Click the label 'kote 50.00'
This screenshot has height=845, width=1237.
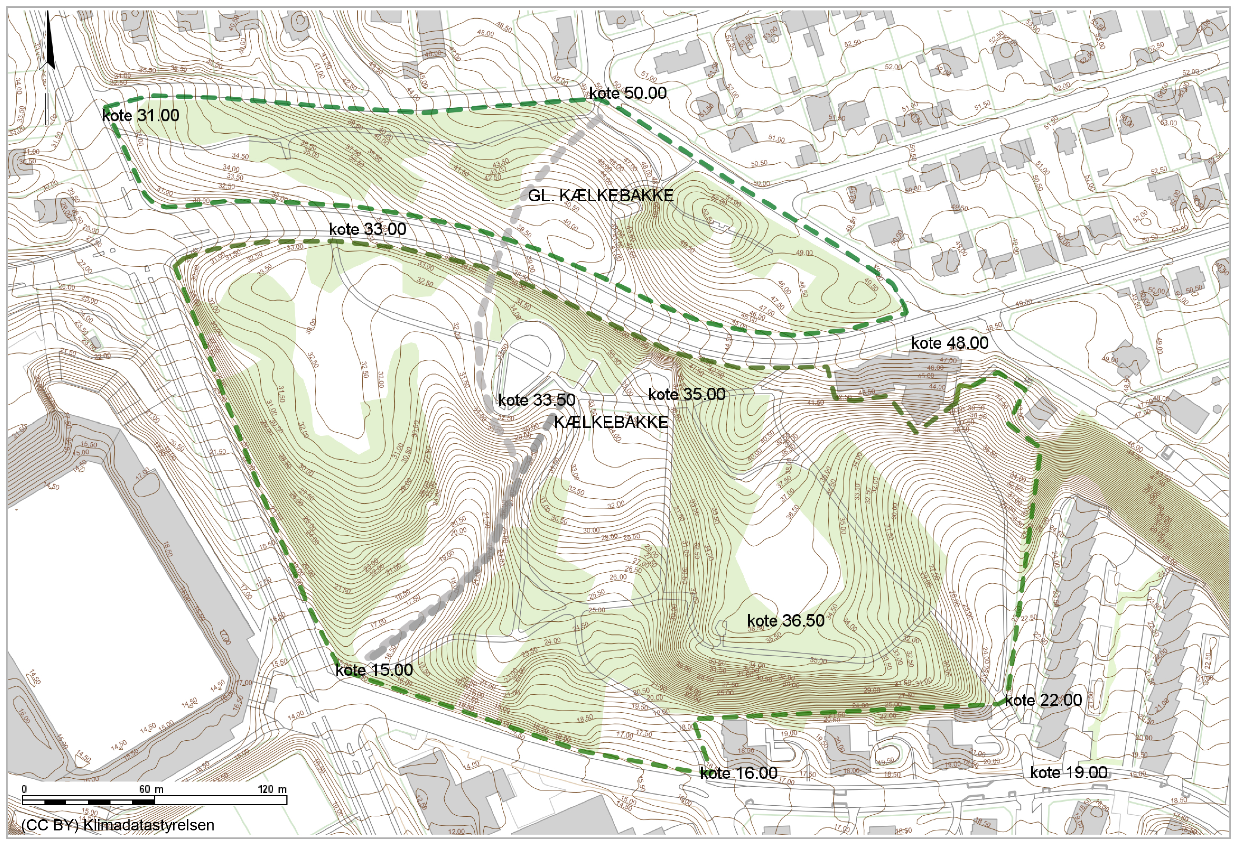point(628,93)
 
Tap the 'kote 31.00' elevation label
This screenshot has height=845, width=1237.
point(141,115)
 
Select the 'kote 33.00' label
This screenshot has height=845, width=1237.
point(367,230)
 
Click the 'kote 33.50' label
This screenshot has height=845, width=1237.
point(537,400)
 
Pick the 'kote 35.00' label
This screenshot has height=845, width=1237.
point(687,395)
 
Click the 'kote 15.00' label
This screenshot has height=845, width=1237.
point(374,670)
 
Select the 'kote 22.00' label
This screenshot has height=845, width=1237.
point(1043,700)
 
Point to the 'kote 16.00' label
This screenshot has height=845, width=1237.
point(739,773)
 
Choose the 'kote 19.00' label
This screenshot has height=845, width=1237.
point(1069,773)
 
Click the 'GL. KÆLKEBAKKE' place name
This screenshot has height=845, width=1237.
point(600,195)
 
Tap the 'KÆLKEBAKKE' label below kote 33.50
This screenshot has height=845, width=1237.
point(610,422)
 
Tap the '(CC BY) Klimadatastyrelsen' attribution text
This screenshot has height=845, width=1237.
point(118,825)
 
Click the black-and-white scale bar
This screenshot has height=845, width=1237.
point(154,800)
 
